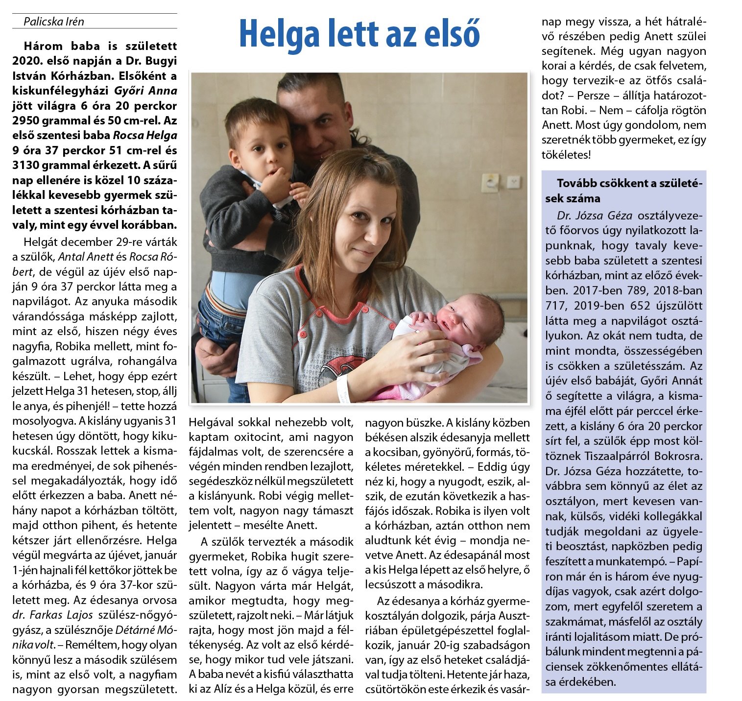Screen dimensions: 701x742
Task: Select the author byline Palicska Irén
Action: tap(54, 22)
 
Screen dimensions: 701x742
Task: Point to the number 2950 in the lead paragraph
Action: tap(30, 121)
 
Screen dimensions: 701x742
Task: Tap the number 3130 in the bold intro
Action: tap(29, 165)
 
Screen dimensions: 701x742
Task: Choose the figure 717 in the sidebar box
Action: tap(556, 306)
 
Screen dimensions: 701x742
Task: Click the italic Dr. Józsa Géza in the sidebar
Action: tap(594, 216)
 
